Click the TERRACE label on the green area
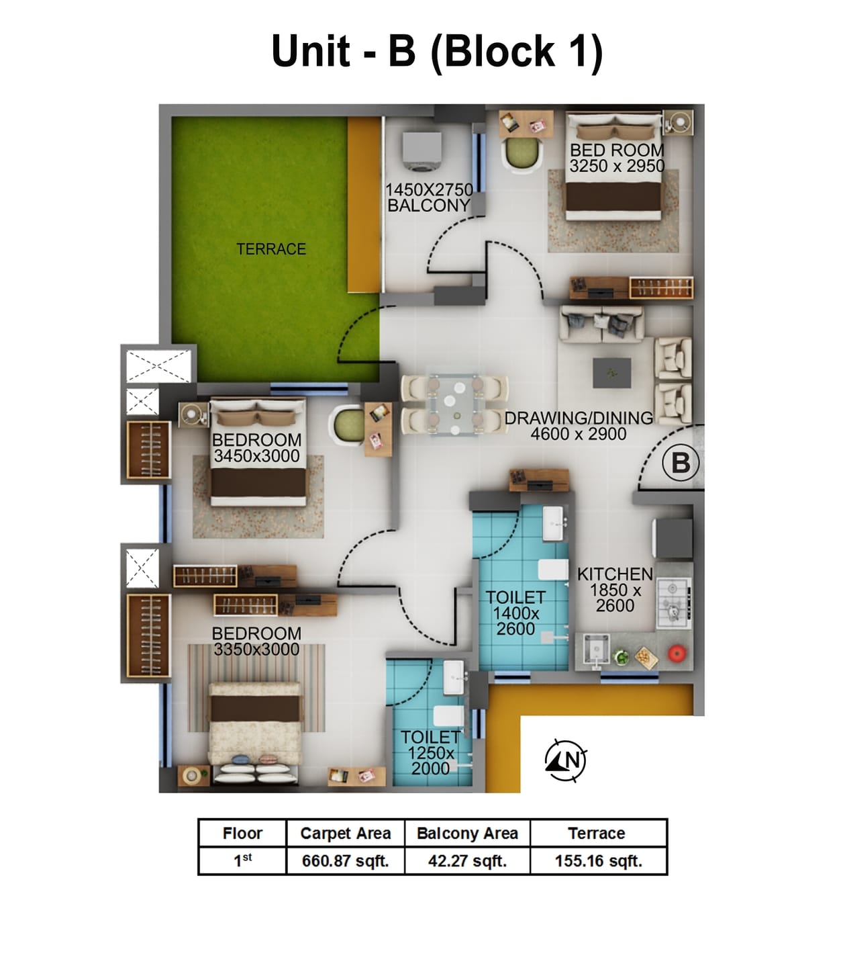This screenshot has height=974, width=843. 270,249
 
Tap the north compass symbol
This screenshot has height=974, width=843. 566,760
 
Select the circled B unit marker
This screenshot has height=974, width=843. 681,463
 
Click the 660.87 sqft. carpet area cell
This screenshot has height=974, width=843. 345,861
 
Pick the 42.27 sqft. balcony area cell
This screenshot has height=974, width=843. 467,861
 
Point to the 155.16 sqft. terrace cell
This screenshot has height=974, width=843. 598,861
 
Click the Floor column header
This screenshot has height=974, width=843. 242,834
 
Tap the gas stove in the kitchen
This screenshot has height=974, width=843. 673,603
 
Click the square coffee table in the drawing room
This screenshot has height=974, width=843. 611,373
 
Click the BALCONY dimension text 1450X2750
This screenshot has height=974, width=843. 429,190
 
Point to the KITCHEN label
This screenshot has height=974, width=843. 615,574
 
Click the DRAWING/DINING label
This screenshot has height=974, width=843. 578,418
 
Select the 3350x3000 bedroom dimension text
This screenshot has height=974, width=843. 256,650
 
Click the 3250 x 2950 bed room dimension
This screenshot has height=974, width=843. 617,166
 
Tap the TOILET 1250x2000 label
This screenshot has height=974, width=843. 430,753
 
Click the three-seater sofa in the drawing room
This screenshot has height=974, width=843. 602,324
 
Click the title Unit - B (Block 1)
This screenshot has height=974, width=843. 437,51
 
